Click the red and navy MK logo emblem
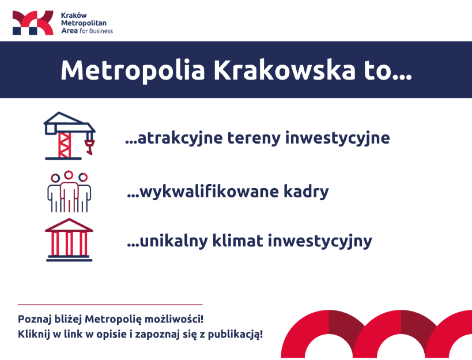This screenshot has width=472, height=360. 33,23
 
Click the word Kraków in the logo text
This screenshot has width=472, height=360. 74,16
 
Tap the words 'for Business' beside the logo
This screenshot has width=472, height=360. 96,31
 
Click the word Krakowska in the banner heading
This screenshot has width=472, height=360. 284,70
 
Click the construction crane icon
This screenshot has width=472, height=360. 70,136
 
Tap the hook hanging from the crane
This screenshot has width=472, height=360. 89,147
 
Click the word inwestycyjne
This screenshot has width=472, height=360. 338,138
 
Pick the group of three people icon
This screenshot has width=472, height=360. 69,192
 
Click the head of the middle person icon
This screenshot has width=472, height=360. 69,175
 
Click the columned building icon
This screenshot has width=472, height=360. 69,240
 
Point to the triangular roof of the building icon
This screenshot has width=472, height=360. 69,225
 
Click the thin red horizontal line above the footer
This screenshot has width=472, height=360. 110,305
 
